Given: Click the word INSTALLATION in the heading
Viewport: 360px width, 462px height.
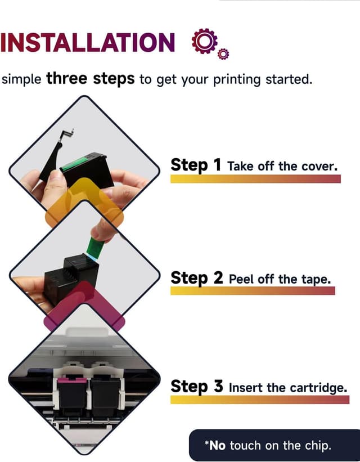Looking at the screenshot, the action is (88, 42).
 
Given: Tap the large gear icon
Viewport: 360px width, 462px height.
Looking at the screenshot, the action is (204, 41).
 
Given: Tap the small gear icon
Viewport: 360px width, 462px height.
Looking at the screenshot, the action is (223, 54).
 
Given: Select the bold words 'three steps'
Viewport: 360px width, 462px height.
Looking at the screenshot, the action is (91, 79).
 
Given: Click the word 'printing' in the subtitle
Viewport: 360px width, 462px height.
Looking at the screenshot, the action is (237, 79).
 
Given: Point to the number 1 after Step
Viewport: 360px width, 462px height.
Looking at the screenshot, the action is (218, 164).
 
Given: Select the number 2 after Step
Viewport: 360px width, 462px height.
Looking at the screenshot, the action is (218, 277).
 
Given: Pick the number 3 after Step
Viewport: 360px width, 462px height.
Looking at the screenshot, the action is (218, 386).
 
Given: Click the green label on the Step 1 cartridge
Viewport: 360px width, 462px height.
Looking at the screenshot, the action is (75, 163).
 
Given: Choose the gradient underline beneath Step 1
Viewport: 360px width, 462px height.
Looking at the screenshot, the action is (255, 179).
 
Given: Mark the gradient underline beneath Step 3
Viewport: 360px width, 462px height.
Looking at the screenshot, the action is (260, 400).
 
